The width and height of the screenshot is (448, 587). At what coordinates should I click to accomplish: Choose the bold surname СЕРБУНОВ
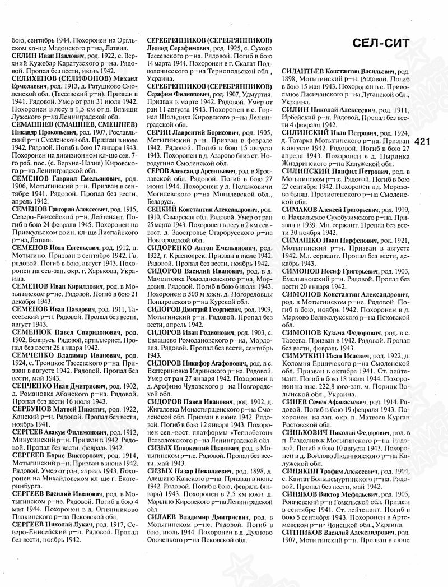(31, 408)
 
